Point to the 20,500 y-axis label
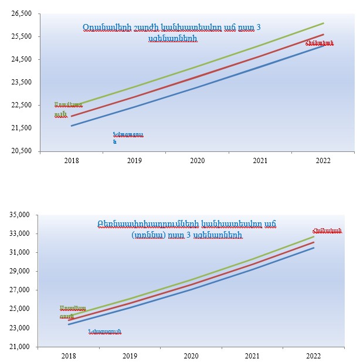pos(21,151)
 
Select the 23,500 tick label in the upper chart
pos(21,82)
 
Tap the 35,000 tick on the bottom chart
pos(21,215)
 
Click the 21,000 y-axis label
pos(21,346)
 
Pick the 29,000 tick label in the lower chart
pos(21,271)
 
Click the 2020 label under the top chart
pos(198,160)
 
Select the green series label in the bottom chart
pos(73,312)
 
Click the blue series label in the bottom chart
pos(104,333)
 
